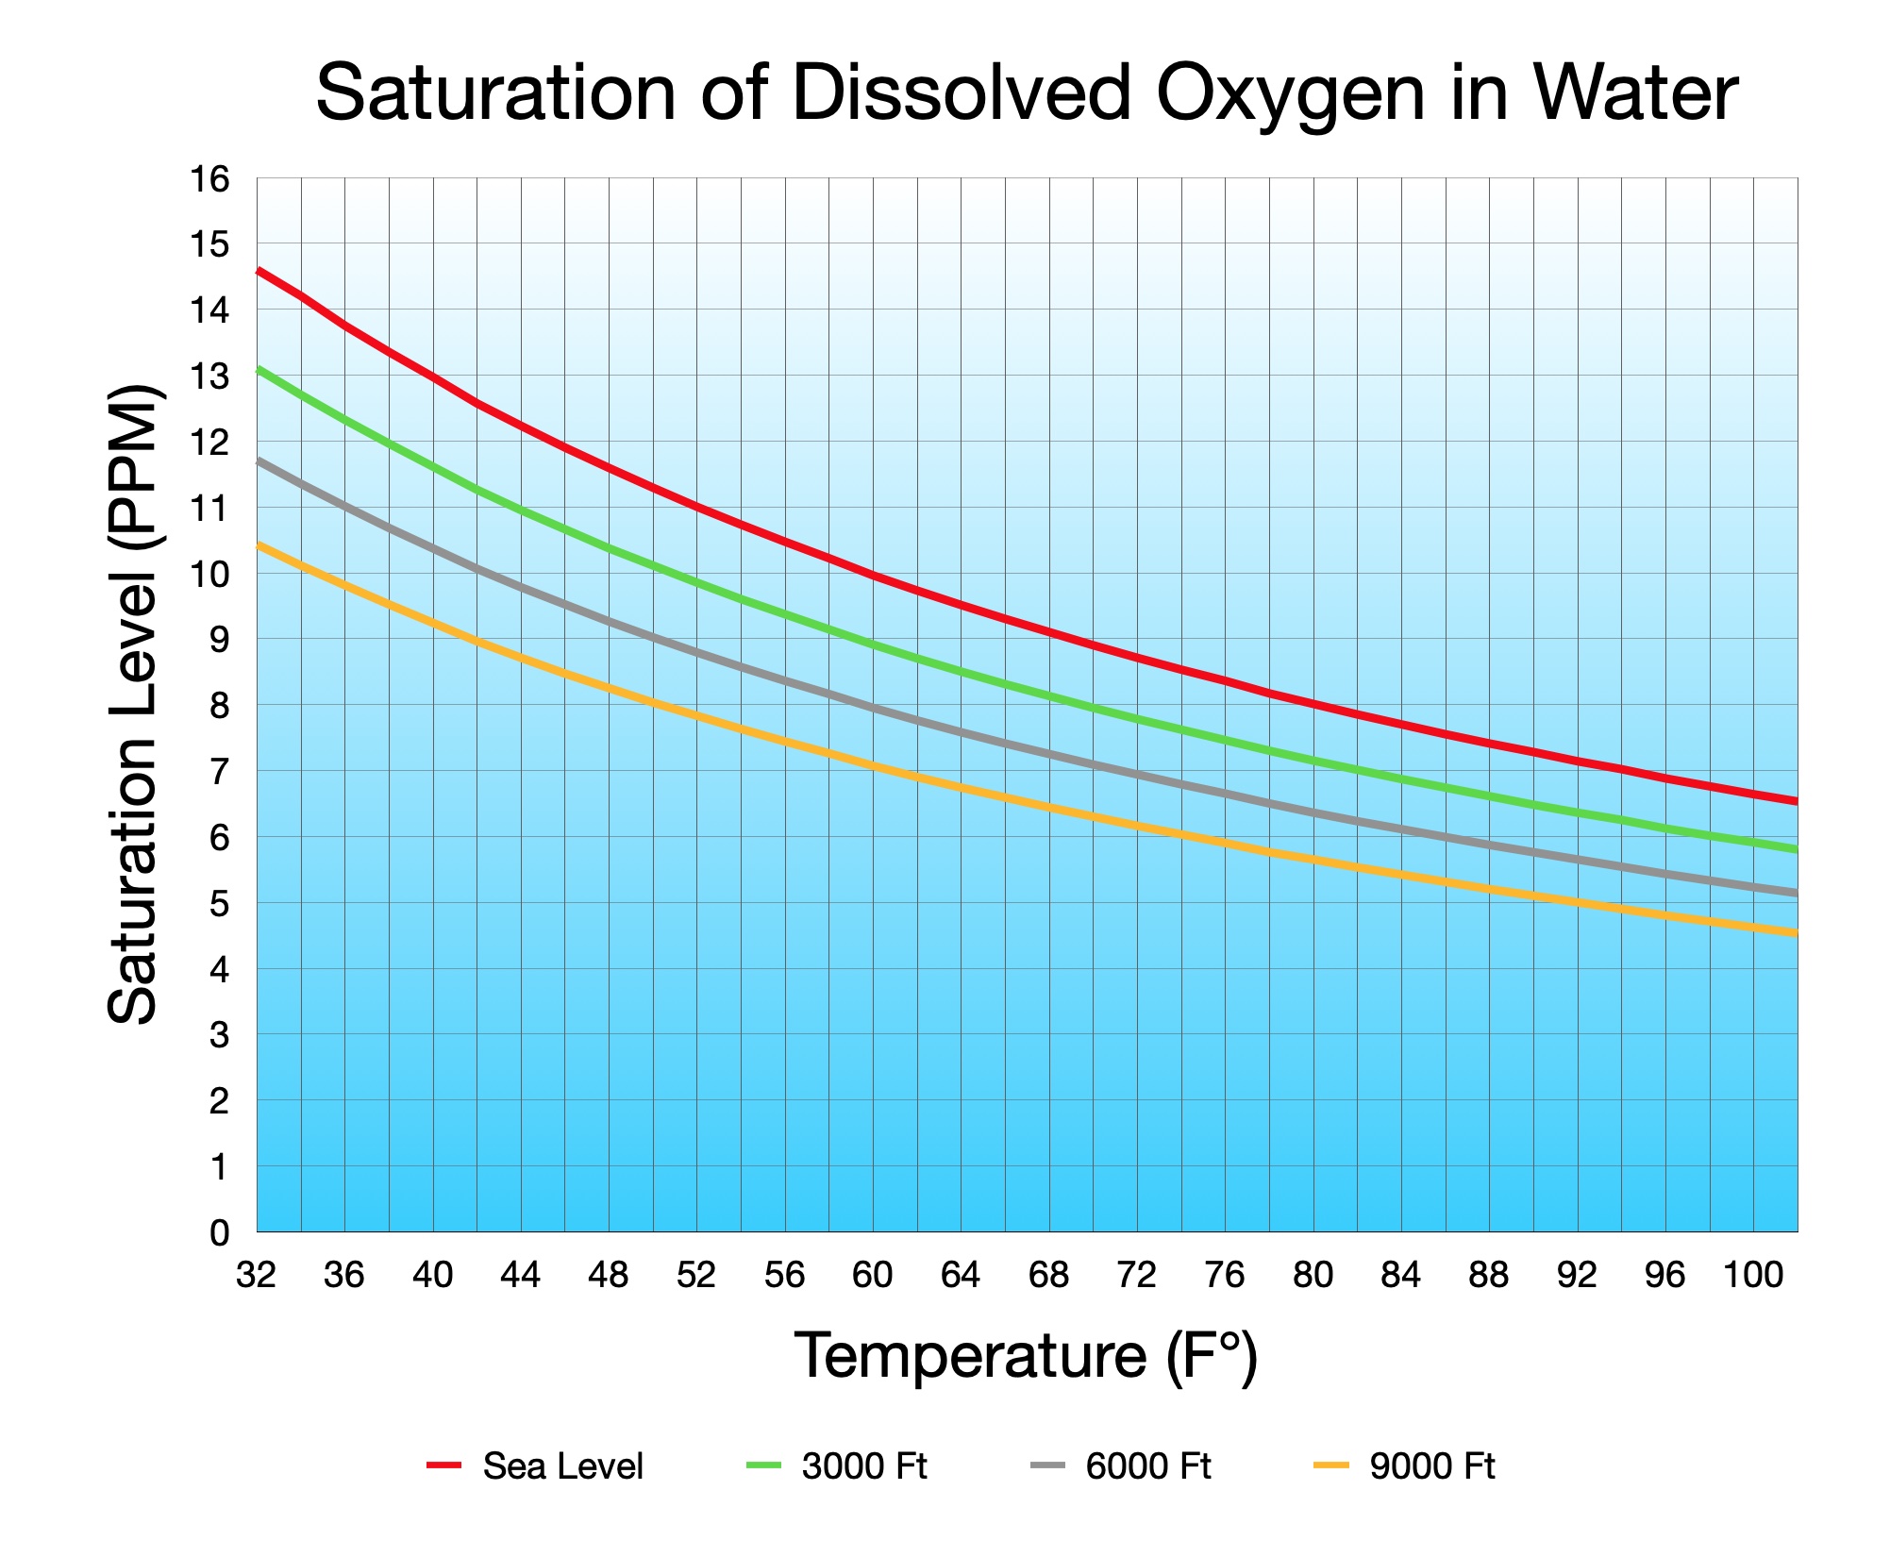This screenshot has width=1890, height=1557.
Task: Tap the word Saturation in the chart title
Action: (x=495, y=94)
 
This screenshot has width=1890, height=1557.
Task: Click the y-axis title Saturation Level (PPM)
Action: (x=133, y=703)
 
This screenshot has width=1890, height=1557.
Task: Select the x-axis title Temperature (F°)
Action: (x=1026, y=1356)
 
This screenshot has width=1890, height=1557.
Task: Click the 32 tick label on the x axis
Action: (x=256, y=1276)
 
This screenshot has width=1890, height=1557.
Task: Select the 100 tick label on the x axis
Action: (x=1752, y=1276)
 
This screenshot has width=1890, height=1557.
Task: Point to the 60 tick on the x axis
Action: (x=873, y=1276)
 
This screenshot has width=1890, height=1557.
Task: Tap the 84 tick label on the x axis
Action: (x=1400, y=1276)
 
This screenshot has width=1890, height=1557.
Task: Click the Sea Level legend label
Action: (x=562, y=1466)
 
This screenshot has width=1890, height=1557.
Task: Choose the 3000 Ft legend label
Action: (x=864, y=1466)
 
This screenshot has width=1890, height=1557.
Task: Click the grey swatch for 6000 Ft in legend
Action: (x=1047, y=1465)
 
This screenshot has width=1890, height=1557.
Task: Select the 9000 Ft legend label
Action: (x=1432, y=1466)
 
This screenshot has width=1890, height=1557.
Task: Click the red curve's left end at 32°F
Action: (x=259, y=272)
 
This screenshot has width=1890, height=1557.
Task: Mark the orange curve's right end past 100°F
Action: (x=1795, y=932)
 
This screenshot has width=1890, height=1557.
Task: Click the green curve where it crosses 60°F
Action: (x=873, y=646)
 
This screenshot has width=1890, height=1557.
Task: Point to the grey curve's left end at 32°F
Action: (x=259, y=461)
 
